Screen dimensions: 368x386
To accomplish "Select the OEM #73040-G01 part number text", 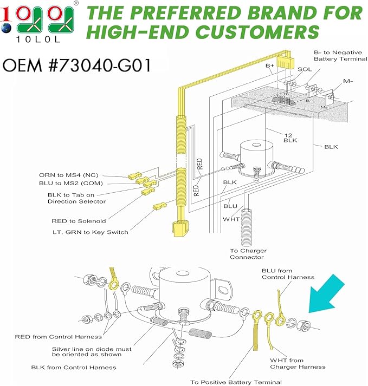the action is (x=76, y=66).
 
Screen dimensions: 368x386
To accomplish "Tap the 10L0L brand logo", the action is (x=38, y=22).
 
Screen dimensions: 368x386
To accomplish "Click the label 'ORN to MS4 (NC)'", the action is (x=69, y=175).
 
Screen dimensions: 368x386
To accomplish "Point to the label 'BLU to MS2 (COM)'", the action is (x=71, y=184).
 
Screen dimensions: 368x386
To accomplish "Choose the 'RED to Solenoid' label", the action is (x=79, y=221).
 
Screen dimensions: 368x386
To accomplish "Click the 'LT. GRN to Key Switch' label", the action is (x=91, y=232).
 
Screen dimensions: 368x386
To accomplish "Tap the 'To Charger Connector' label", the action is (x=248, y=254).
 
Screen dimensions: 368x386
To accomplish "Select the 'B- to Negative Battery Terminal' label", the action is (x=340, y=56).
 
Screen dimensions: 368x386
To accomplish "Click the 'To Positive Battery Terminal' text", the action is (x=236, y=382).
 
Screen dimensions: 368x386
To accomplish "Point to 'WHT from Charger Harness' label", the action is (x=298, y=364).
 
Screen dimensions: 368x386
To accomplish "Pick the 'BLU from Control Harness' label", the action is (x=288, y=274).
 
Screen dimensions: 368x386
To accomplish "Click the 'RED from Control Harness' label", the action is (x=59, y=337).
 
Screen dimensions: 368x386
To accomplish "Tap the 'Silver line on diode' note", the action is (x=92, y=351).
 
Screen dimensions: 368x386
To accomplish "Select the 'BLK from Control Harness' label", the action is (x=74, y=368).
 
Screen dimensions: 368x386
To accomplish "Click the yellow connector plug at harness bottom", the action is (x=181, y=228).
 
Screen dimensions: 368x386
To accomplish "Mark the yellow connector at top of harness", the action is (x=286, y=62).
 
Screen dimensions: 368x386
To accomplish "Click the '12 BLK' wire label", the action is (x=290, y=138).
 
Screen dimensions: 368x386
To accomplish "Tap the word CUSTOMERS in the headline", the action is (x=257, y=32).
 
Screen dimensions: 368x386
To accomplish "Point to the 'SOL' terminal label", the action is (x=305, y=69).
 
